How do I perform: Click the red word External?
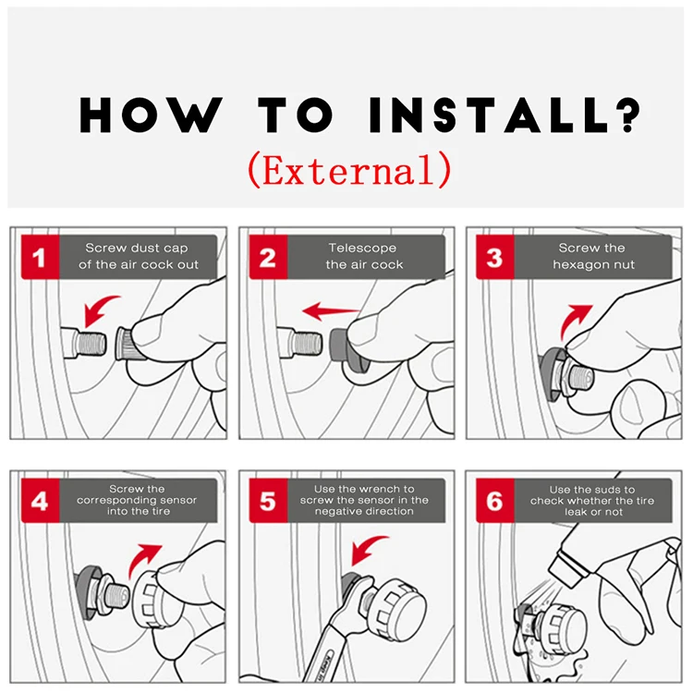[349, 170]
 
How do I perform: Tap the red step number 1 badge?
[41, 257]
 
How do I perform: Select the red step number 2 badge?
[268, 257]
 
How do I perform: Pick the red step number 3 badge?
[495, 257]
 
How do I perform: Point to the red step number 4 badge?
[41, 500]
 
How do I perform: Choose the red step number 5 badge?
[268, 500]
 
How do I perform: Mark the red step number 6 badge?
[495, 500]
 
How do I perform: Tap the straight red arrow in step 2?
[331, 311]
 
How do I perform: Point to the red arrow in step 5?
[366, 548]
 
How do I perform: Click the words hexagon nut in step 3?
[593, 265]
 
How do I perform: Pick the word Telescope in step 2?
[362, 248]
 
